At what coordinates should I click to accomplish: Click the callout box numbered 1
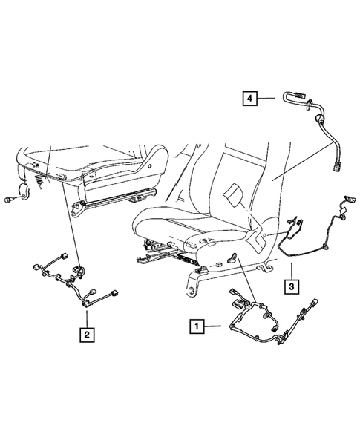point(197,324)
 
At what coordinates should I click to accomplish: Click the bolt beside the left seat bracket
point(10,200)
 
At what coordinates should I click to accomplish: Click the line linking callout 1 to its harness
point(215,325)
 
